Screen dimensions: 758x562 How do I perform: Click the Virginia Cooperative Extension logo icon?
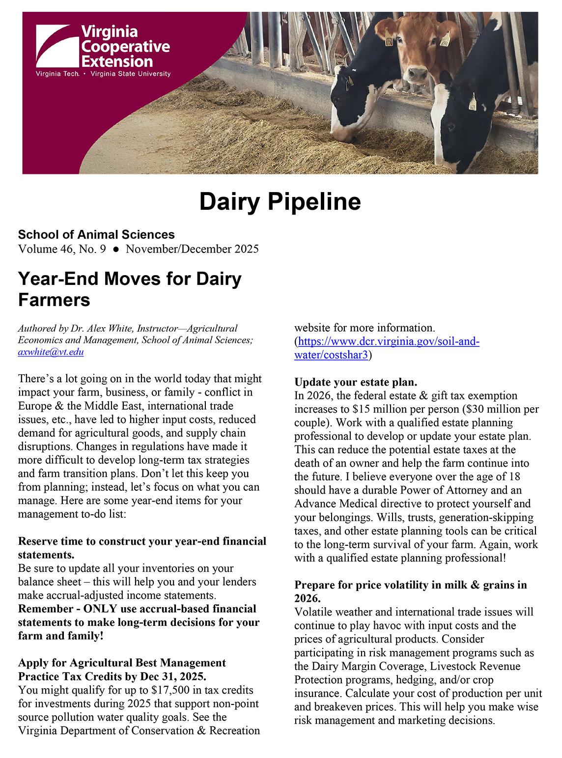(57, 46)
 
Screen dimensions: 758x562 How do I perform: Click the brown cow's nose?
(418, 75)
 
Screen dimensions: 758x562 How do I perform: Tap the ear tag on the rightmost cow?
(472, 103)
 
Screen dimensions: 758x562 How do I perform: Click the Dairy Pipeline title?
(280, 201)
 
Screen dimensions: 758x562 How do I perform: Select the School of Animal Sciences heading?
(96, 234)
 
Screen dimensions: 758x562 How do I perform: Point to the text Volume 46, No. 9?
(62, 249)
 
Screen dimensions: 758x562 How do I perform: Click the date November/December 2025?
(192, 249)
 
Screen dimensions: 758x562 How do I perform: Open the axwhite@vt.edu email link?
(51, 352)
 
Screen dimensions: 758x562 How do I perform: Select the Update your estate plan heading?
(356, 382)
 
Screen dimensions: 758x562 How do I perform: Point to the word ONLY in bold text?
(100, 609)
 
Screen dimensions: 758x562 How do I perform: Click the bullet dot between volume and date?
(116, 249)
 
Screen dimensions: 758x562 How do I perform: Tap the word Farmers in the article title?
(54, 300)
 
